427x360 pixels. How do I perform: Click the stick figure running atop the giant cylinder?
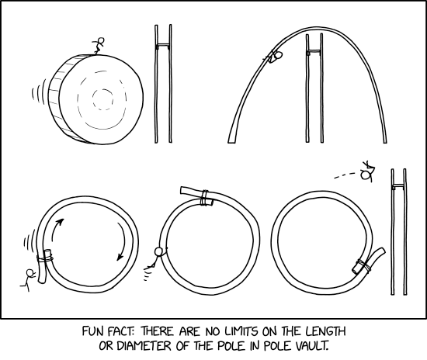coord(96,46)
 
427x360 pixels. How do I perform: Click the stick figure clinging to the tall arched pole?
coord(275,56)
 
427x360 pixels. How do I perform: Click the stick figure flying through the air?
coord(370,168)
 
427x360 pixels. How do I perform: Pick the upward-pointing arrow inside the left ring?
coord(57,227)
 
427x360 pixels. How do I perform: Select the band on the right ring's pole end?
coord(360,266)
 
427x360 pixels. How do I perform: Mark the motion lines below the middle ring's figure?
coord(148,273)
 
